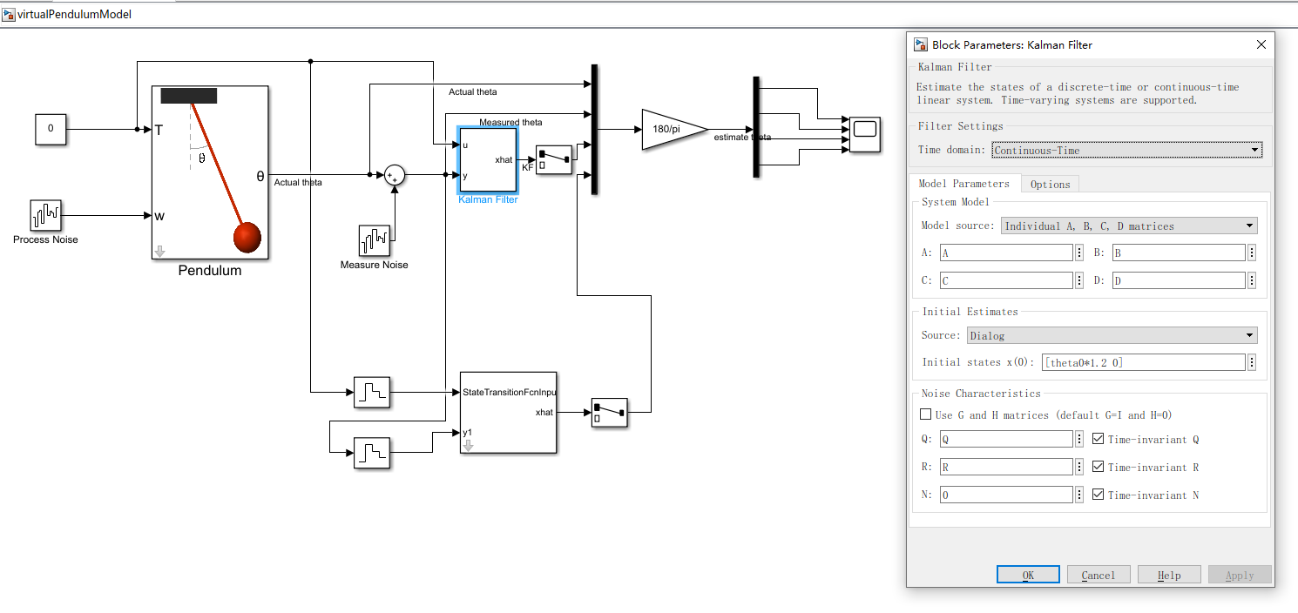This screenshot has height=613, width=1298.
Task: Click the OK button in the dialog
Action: point(1028,575)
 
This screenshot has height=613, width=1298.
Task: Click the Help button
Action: point(1168,575)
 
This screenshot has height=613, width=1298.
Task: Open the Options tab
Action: point(1050,184)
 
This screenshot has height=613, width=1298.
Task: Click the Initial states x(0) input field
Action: point(1143,362)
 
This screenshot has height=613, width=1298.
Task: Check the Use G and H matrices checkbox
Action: point(926,415)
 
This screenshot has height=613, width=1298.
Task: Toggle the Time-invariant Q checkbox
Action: point(1098,440)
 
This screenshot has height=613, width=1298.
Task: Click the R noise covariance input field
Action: point(1006,468)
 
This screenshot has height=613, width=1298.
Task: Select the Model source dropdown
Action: point(1129,226)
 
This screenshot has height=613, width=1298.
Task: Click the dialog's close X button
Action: point(1261,44)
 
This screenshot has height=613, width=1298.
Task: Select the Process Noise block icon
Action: point(45,215)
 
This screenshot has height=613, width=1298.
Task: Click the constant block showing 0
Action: point(51,129)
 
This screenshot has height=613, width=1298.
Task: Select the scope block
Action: point(865,134)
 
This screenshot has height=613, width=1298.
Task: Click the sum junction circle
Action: point(395,175)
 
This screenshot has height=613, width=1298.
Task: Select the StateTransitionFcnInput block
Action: point(508,412)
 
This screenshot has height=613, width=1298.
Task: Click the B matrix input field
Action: point(1179,253)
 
